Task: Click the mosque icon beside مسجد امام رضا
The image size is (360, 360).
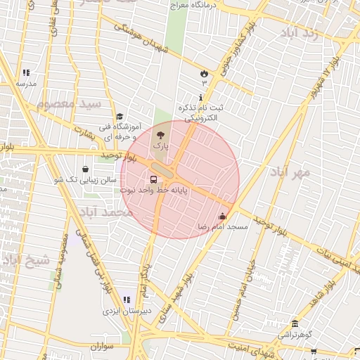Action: tap(224, 216)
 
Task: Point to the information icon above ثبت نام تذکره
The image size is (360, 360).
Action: tap(202, 97)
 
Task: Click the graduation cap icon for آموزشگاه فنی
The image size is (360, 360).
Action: tap(120, 117)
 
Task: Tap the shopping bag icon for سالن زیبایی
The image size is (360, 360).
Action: tap(86, 169)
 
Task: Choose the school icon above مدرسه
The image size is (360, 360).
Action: tap(26, 72)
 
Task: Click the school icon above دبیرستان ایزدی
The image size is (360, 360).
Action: tap(127, 300)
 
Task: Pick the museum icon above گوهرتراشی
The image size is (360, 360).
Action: tap(295, 324)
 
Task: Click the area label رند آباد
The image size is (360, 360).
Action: tap(299, 33)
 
